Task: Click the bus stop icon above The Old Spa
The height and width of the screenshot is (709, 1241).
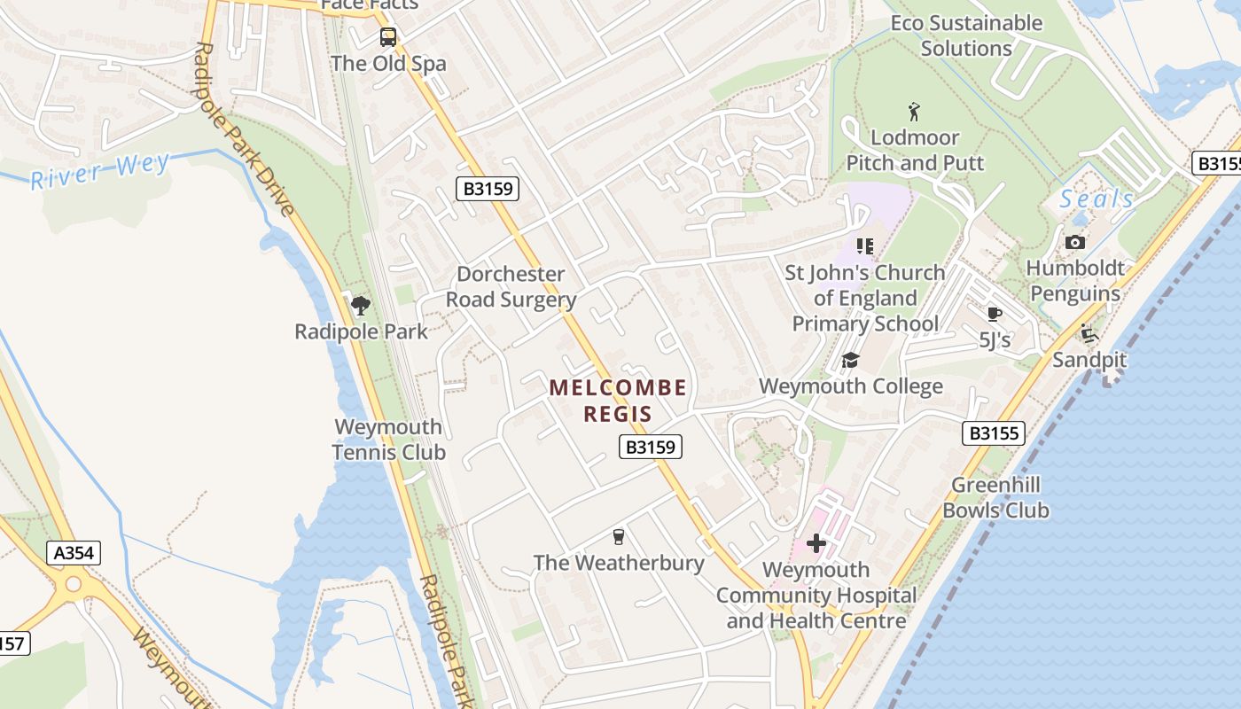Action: pos(388,37)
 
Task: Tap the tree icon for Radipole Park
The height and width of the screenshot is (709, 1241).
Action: pos(360,306)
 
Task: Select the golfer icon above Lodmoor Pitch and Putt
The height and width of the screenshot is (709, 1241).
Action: pos(915,112)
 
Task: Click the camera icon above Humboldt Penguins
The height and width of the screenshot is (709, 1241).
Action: pos(1074,242)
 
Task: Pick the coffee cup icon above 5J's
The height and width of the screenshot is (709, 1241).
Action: pos(994,314)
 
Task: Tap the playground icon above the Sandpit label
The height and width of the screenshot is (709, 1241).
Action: pos(1089,334)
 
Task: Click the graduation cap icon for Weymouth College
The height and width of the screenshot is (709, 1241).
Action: pos(850,361)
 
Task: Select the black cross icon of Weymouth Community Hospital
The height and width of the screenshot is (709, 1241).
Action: pos(816,542)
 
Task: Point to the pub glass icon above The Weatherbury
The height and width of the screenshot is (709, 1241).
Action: pos(619,536)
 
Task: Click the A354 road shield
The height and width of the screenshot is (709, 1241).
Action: pos(74,554)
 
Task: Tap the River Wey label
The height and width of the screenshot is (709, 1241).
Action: pos(99,171)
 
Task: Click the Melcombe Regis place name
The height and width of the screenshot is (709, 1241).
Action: pos(618,401)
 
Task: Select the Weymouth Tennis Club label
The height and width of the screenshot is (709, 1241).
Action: pos(388,440)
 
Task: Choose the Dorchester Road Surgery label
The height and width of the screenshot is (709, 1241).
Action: pos(511,287)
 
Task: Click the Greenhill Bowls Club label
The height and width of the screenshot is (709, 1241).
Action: pos(995,497)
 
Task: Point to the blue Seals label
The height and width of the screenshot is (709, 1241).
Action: pos(1097,199)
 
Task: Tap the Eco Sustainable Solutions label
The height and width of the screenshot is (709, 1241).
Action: pos(966,35)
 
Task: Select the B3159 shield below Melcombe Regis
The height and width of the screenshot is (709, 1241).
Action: pos(650,447)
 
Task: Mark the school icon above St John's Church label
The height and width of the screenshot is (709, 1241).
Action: pos(865,245)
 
